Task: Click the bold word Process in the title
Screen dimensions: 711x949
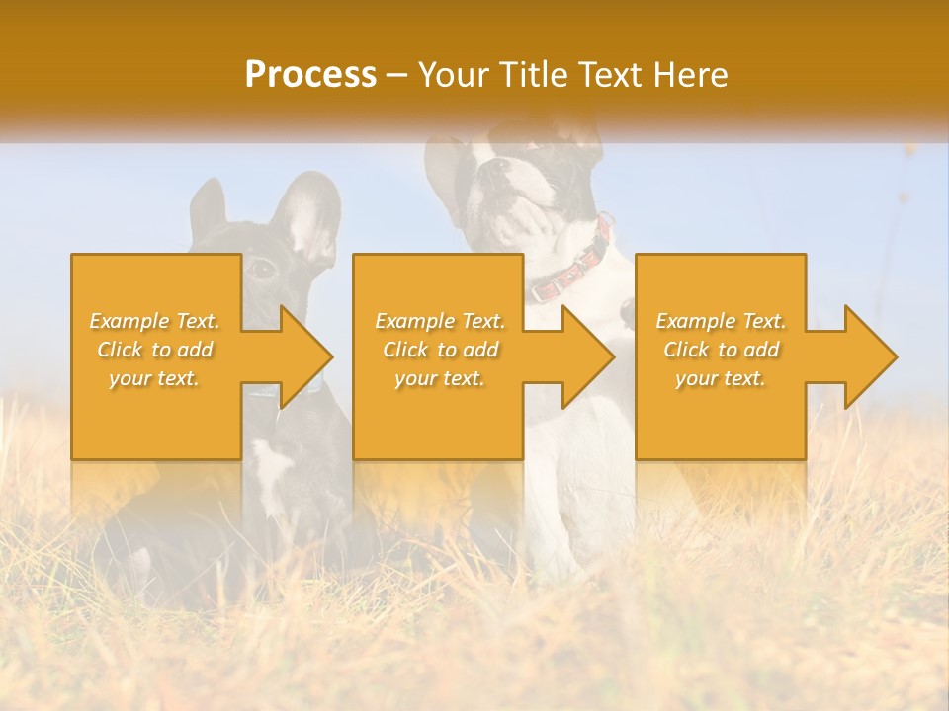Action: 310,75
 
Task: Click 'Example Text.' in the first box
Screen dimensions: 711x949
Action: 154,321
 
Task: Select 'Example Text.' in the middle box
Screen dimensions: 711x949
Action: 440,321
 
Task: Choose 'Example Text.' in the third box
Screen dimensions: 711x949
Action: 721,321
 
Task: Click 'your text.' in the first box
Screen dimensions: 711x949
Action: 154,378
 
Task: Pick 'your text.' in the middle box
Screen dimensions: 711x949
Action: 440,378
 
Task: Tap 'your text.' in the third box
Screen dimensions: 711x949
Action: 721,378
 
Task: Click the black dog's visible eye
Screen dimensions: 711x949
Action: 262,268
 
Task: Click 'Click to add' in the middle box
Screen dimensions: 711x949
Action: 440,350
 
